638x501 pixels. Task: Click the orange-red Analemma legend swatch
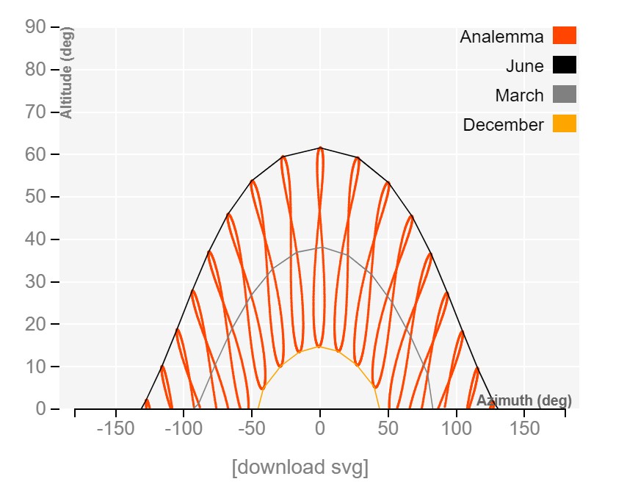pos(565,35)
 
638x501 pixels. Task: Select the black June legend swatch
pos(565,65)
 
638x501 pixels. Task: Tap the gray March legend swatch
pos(565,94)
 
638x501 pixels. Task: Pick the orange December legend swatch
pos(565,123)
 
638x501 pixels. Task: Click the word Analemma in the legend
pos(501,37)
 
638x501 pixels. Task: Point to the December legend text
pos(503,125)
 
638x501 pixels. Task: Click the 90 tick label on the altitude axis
pos(37,27)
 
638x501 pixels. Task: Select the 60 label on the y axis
pos(37,155)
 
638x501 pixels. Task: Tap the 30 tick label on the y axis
pos(37,282)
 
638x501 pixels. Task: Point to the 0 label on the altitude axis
pos(41,409)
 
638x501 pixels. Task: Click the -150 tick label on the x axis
pos(115,428)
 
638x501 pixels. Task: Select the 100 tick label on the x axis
pos(456,428)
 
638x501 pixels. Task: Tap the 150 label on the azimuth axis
pos(524,428)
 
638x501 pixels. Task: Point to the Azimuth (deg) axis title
pos(524,400)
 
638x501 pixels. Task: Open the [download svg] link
pos(300,467)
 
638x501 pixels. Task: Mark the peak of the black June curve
pos(320,148)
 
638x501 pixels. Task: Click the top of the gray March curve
pos(320,248)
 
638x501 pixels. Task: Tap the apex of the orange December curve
pos(320,347)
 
